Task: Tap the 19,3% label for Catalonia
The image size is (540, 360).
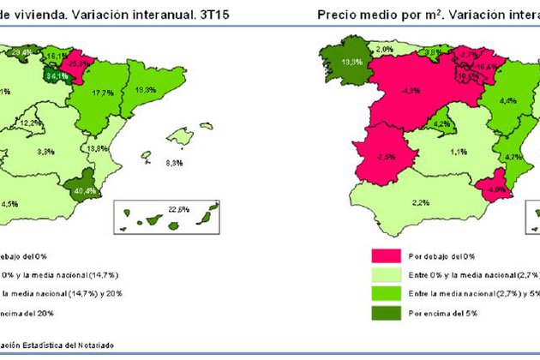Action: tap(145, 89)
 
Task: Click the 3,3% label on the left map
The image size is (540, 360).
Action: tap(46, 152)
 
